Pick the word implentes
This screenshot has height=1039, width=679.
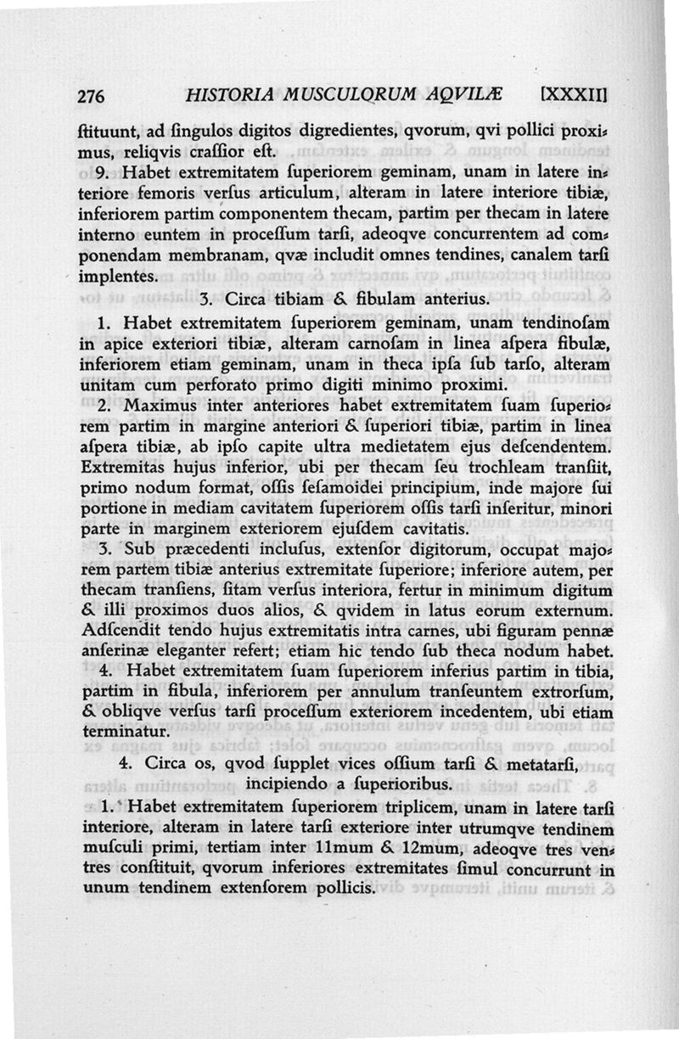click(118, 277)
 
